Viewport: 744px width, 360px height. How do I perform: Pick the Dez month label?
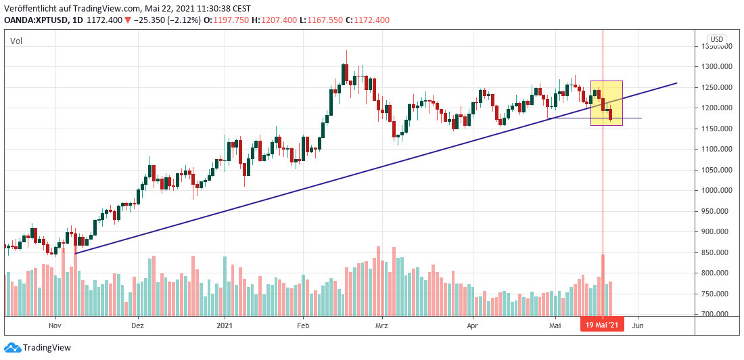(x=138, y=324)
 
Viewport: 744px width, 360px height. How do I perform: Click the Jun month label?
(x=637, y=324)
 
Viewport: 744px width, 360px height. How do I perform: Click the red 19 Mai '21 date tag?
(x=602, y=324)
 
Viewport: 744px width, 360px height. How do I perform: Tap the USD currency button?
(x=716, y=39)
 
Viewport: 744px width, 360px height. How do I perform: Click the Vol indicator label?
(x=16, y=41)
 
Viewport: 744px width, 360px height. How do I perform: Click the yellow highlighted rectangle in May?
(x=607, y=103)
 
